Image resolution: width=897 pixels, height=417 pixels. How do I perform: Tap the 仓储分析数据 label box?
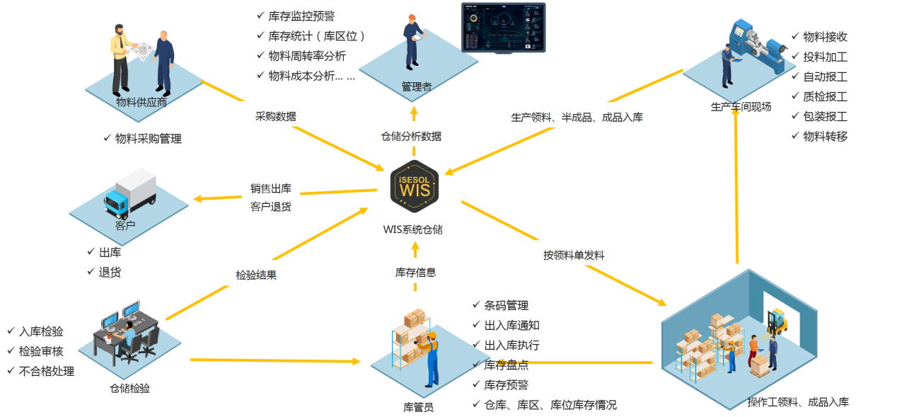click(x=411, y=135)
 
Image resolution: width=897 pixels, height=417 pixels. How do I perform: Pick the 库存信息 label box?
click(x=415, y=272)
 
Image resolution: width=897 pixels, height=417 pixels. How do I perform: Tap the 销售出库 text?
click(x=271, y=188)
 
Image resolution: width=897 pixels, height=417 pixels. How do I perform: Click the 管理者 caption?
click(x=416, y=86)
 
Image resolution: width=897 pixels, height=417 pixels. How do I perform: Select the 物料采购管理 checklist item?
click(x=148, y=139)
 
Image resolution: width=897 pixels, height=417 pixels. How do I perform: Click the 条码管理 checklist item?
click(x=506, y=305)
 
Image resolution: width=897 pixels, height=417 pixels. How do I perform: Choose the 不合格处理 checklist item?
click(x=46, y=370)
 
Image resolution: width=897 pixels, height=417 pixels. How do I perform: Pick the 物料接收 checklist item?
click(x=824, y=37)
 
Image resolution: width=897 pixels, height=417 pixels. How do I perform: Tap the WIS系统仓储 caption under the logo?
click(x=413, y=229)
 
